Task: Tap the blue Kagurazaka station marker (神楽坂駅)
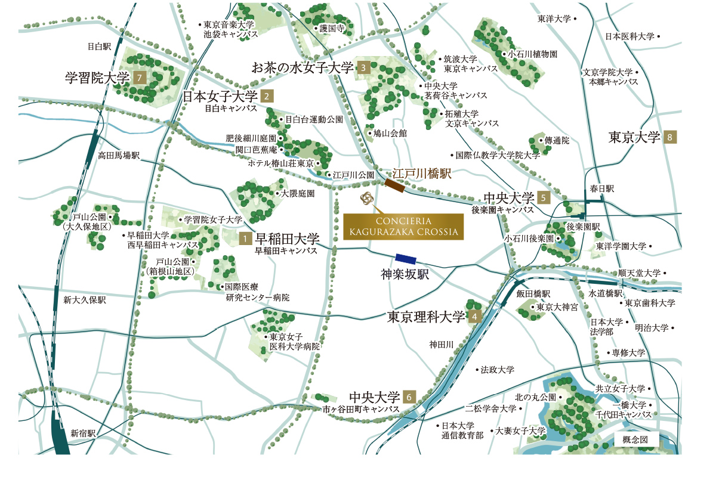click(x=406, y=259)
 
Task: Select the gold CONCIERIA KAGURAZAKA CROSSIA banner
click(x=403, y=227)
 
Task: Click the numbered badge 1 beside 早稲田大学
click(x=245, y=238)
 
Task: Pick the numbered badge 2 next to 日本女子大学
click(x=267, y=95)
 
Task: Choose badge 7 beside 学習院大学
click(x=140, y=77)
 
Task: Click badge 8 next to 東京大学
click(x=671, y=138)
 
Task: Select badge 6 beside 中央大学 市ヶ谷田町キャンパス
click(x=409, y=397)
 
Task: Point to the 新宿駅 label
click(x=83, y=433)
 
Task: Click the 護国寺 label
click(x=333, y=28)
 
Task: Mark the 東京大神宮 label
click(x=557, y=308)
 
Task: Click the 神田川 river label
click(x=442, y=344)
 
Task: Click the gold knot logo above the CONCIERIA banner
click(x=366, y=199)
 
